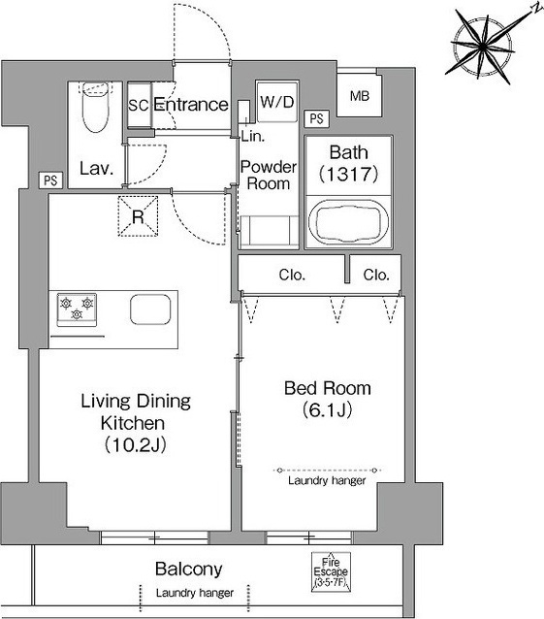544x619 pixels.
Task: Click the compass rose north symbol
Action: pos(483,47)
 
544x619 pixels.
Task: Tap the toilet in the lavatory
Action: pos(95,106)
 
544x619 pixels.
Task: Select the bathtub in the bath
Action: pos(348,221)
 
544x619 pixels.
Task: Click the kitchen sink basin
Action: pos(150,309)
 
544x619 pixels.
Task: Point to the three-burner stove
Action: pos(77,309)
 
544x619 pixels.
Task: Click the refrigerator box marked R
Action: pos(138,216)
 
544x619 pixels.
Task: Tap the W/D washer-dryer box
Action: pos(277,102)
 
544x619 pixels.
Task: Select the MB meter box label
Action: pos(360,95)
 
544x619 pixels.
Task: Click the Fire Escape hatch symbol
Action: pos(331,571)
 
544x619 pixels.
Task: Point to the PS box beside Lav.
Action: pos(50,180)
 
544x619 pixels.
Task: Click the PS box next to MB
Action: pos(317,118)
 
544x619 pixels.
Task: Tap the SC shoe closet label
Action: pos(139,105)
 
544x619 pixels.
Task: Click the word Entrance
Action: pos(191,104)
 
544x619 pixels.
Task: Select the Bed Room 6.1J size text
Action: pos(328,410)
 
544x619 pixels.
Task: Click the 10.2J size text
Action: pos(136,445)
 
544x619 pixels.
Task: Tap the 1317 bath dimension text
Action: pos(349,174)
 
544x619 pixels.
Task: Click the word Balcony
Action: pos(188,569)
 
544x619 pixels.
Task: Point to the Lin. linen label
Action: pos(253,136)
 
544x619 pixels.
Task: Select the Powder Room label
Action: pos(269,176)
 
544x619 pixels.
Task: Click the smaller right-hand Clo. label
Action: pos(376,275)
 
